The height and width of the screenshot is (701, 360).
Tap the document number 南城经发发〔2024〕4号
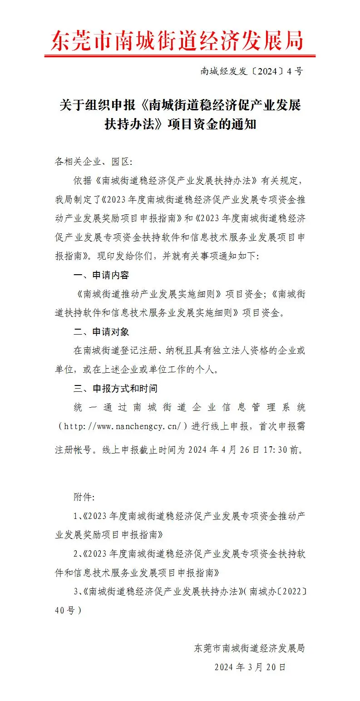pyautogui.click(x=252, y=71)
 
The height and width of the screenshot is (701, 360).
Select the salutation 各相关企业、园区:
pyautogui.click(x=93, y=162)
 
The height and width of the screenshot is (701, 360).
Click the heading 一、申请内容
pyautogui.click(x=101, y=276)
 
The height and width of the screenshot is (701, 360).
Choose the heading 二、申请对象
pyautogui.click(x=101, y=332)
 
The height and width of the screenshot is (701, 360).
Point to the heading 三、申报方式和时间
pyautogui.click(x=115, y=389)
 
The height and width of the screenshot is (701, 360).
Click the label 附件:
pyautogui.click(x=84, y=497)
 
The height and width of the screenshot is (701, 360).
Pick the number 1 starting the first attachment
pyautogui.click(x=75, y=516)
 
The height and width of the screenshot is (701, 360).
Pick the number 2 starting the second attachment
pyautogui.click(x=75, y=554)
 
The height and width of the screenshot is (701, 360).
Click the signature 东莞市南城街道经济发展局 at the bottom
pyautogui.click(x=249, y=648)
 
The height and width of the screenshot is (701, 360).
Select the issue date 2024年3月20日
pyautogui.click(x=250, y=667)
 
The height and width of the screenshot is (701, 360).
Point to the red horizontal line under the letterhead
pyautogui.click(x=179, y=56)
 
